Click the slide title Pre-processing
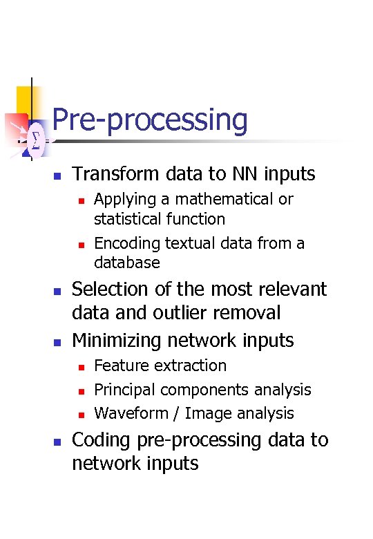pos(149,120)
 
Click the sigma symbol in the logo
pos(35,140)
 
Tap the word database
pos(126,263)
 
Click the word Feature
pos(119,366)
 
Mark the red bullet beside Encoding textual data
pos(80,245)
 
